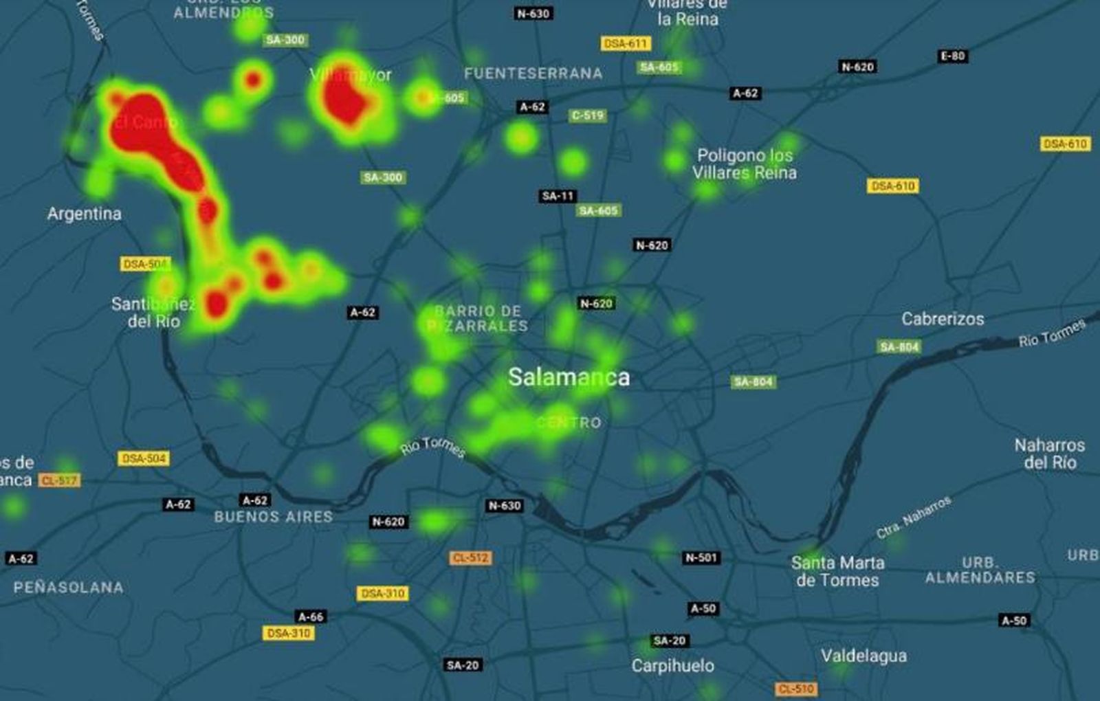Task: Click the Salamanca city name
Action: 569,377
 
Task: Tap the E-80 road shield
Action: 953,56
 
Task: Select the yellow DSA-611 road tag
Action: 626,43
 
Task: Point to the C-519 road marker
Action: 588,115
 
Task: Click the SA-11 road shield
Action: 558,196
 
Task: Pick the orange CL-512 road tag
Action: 471,557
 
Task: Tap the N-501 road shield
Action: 701,557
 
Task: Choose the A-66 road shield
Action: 311,616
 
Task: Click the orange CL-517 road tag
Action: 59,480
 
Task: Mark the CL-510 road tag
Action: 796,689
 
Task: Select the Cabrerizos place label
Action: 943,319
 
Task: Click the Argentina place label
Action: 84,214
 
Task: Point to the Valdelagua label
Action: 863,656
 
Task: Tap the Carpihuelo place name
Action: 672,665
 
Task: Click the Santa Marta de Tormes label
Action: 837,571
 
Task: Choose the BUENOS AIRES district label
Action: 273,517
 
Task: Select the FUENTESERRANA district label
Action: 533,74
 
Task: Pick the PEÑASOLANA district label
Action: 69,588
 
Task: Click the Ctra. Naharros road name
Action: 914,517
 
